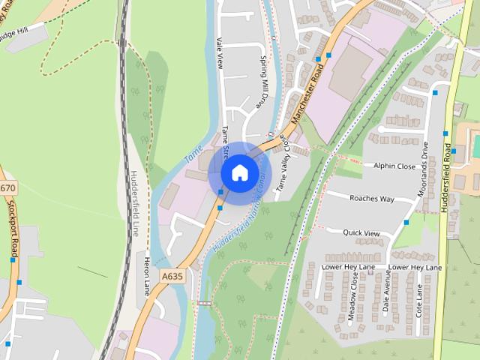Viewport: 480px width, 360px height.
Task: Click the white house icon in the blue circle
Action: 239,172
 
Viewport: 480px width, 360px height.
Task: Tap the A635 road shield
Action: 172,277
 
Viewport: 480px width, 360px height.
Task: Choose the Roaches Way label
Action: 371,199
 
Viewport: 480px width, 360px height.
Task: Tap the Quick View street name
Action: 361,233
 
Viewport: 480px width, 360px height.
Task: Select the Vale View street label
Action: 220,52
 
